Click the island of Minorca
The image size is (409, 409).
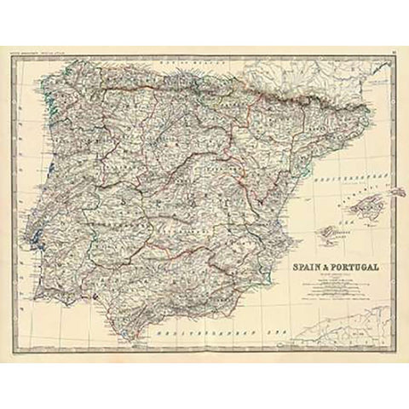pos(395,193)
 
